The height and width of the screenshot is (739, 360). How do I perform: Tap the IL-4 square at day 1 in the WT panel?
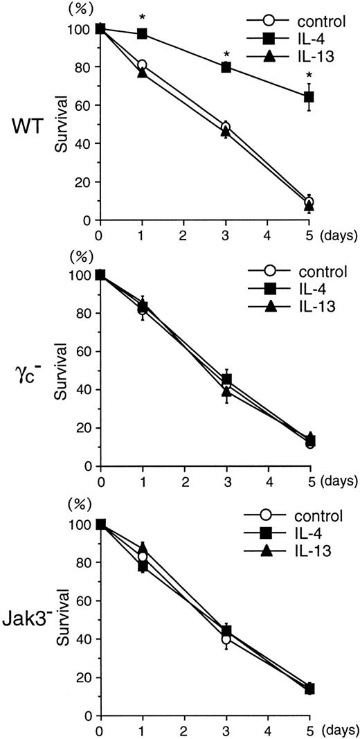pyautogui.click(x=142, y=33)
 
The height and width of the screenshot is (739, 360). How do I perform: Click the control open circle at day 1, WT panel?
pyautogui.click(x=142, y=65)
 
